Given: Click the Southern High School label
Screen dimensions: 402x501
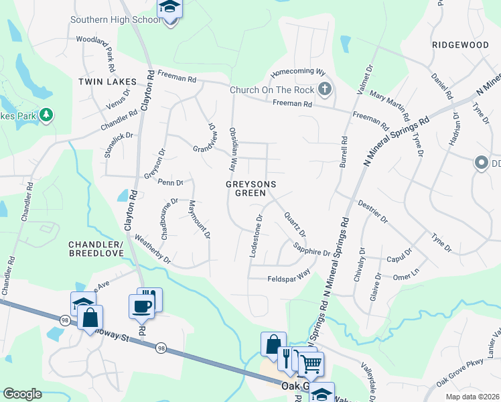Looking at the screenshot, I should [116, 19].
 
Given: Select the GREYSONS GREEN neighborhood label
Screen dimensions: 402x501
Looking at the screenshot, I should [246, 188].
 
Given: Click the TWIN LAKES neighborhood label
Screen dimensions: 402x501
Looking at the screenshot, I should [107, 82].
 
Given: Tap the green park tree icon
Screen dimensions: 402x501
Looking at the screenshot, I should [46, 115].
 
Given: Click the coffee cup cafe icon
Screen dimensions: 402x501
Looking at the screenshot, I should [141, 306].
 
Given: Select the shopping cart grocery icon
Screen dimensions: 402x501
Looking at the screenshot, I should [311, 364].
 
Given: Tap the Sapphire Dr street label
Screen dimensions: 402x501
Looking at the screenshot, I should [311, 250].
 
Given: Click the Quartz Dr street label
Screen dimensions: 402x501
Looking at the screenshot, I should [295, 224].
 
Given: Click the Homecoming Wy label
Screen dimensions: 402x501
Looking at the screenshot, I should [297, 72].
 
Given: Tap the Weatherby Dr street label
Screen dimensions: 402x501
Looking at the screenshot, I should [153, 249].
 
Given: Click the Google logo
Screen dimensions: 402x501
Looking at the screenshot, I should [22, 394].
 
